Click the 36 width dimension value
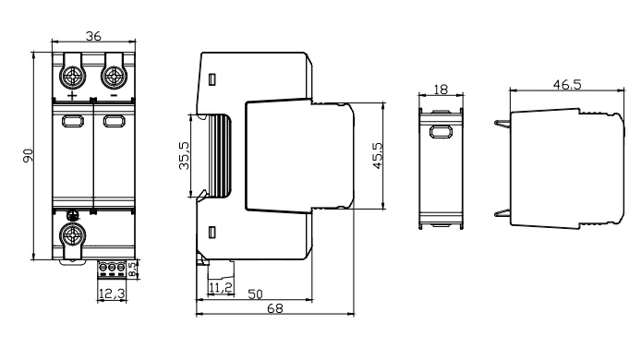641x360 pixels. coord(93,36)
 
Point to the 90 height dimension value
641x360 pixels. coord(28,156)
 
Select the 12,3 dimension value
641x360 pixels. coord(112,294)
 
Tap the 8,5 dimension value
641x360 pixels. coord(133,270)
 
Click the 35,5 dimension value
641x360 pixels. coord(185,155)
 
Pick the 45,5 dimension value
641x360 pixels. coord(378,155)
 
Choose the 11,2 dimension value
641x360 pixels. coord(221,288)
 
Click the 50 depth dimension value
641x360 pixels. coord(256,294)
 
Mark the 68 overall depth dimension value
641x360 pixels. coord(274,308)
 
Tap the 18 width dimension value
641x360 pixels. coord(441,90)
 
